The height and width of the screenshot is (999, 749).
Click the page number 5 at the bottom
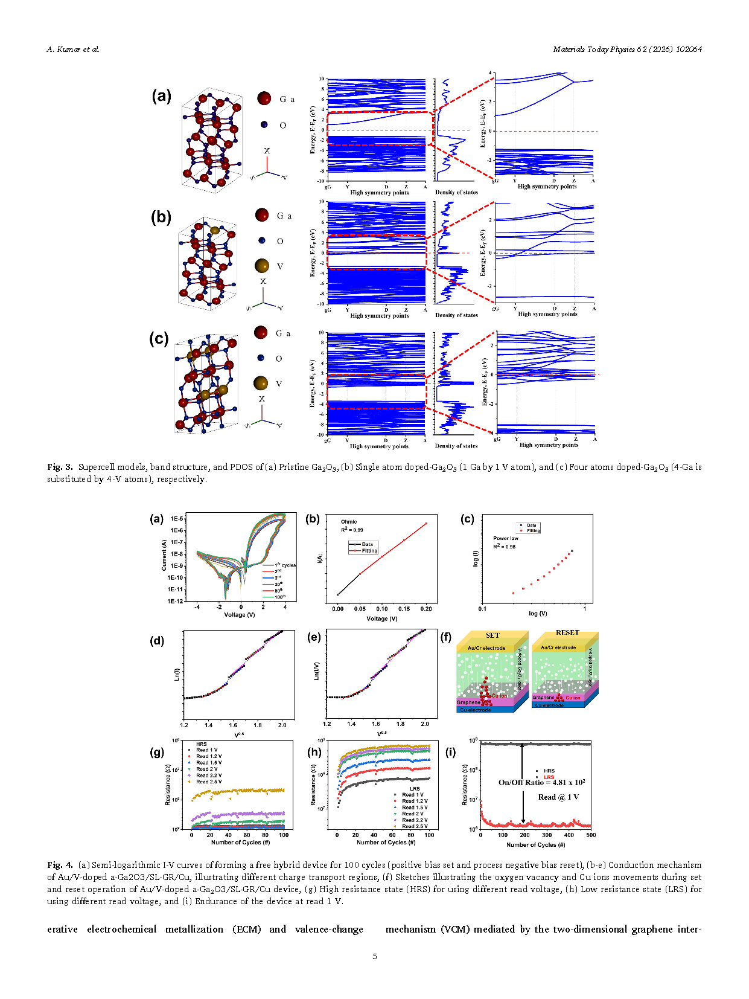pos(375,956)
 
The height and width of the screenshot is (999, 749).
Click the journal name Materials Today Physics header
pos(627,50)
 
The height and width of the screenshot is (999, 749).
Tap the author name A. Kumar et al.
pos(73,50)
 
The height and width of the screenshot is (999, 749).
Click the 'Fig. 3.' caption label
pos(60,467)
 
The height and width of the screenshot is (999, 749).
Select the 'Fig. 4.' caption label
pos(60,865)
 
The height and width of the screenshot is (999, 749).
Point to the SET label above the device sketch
pos(492,635)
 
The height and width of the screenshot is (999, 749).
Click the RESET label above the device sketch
pos(567,632)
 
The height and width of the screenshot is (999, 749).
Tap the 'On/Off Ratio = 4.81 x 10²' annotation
pos(541,782)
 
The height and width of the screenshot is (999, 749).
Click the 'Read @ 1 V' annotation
pos(558,797)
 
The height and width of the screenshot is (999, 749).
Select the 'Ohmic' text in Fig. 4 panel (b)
pos(349,522)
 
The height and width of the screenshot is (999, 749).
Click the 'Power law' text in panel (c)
pos(506,538)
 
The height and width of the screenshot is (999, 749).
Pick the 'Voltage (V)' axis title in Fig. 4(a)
pos(240,615)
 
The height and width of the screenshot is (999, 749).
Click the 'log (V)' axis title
pos(538,614)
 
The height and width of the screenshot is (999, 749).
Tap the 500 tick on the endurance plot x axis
pos(591,835)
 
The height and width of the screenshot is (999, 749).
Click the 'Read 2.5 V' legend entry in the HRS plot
pos(208,782)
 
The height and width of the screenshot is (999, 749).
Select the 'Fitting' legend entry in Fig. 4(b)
pos(369,551)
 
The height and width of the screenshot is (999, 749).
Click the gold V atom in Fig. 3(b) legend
pos(262,266)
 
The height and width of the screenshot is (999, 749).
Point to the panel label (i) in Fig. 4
pos(451,752)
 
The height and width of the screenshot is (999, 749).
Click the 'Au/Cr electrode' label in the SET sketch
pos(486,648)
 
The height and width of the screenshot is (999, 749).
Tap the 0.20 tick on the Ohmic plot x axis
pos(426,609)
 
